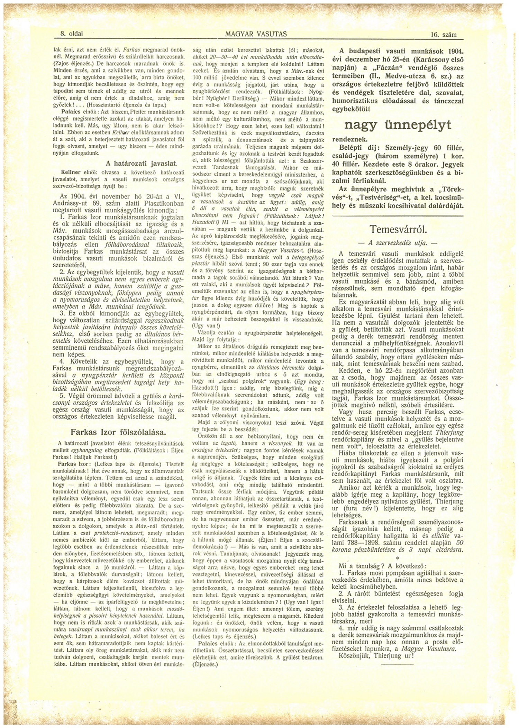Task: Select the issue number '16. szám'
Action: [444, 34]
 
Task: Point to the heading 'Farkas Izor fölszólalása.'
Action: [119, 432]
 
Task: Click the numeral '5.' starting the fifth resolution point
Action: [62, 396]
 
